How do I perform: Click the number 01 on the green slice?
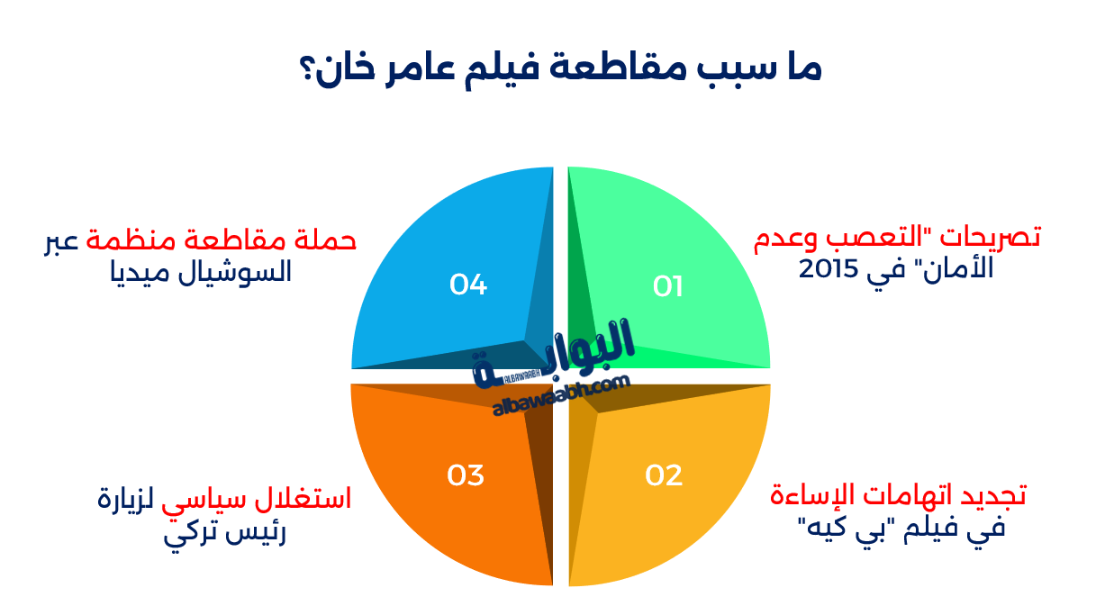pyautogui.click(x=668, y=286)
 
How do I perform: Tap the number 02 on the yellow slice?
pyautogui.click(x=664, y=475)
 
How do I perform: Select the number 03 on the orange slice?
pyautogui.click(x=466, y=475)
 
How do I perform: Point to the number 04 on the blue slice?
pyautogui.click(x=468, y=285)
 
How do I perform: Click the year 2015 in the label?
pyautogui.click(x=829, y=269)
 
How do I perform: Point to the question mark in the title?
pyautogui.click(x=306, y=69)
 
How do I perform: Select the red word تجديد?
pyautogui.click(x=993, y=494)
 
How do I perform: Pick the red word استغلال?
pyautogui.click(x=303, y=498)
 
